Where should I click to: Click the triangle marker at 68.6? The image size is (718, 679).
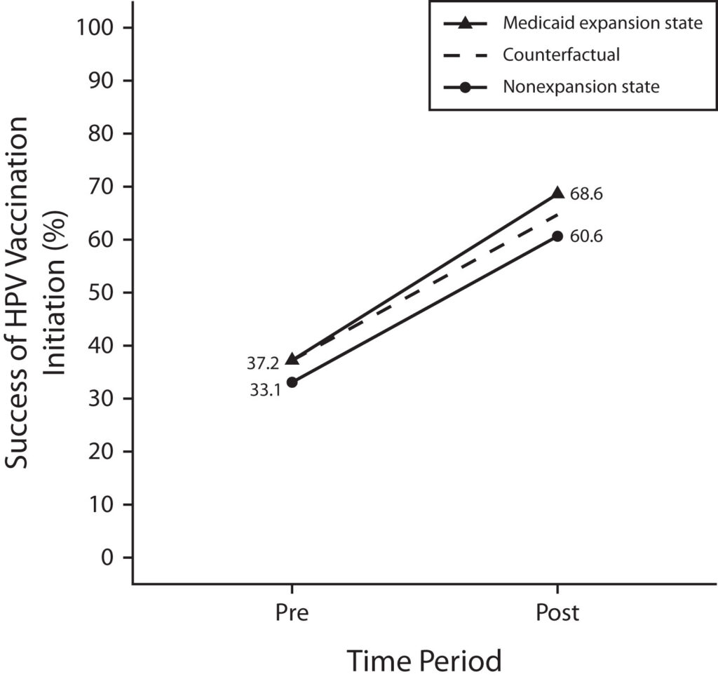[557, 193]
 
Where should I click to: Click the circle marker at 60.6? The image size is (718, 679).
[557, 236]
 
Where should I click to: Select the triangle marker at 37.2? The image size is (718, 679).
[292, 359]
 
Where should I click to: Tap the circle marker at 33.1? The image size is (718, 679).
[292, 382]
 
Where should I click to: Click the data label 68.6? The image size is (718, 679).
[586, 194]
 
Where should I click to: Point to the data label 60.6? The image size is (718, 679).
[586, 236]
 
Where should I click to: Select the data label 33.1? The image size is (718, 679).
[265, 390]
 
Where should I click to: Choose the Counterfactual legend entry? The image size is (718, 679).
[562, 55]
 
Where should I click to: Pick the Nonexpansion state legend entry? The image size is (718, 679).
[581, 87]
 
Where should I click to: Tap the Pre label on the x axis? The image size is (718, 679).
[292, 612]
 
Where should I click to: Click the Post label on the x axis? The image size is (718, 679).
[557, 612]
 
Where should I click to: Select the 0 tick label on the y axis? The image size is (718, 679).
[107, 558]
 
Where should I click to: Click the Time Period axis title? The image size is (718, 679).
[425, 660]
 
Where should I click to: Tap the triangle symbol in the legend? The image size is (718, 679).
[465, 23]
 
